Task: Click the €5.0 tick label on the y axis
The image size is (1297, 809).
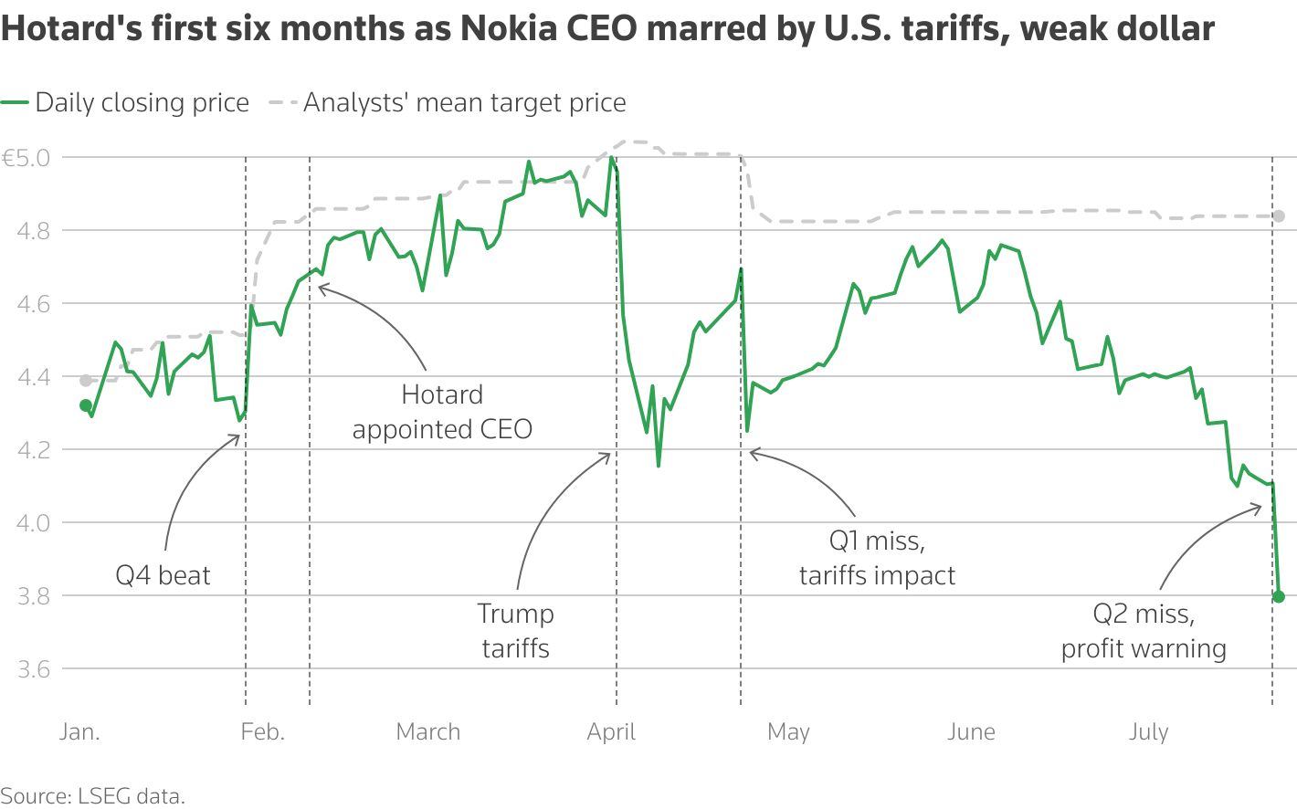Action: (x=26, y=158)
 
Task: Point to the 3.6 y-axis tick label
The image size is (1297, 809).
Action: (x=33, y=669)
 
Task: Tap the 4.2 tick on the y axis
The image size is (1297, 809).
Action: (x=33, y=450)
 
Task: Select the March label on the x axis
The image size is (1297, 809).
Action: (x=427, y=732)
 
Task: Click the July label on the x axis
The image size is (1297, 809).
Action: (x=1148, y=732)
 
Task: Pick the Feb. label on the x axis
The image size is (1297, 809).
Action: (x=262, y=732)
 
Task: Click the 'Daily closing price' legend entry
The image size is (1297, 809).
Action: (x=142, y=103)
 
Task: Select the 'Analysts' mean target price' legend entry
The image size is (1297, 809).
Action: (x=464, y=103)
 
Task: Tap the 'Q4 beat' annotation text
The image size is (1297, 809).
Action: (x=163, y=575)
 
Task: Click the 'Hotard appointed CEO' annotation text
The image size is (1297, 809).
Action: (x=442, y=412)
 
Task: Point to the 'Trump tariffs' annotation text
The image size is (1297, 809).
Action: (x=515, y=631)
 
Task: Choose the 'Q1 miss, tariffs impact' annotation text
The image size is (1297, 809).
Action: (x=877, y=558)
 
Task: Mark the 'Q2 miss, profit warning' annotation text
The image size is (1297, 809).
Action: (x=1144, y=631)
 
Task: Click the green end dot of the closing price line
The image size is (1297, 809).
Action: (x=1279, y=596)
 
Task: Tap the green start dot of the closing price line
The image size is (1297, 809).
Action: (x=86, y=405)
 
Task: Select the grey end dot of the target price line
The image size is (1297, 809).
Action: (x=1279, y=216)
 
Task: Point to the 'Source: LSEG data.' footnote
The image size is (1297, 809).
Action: (x=93, y=796)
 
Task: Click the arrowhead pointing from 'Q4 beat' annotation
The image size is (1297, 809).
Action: (x=238, y=436)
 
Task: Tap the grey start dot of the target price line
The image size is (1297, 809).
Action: (x=86, y=381)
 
